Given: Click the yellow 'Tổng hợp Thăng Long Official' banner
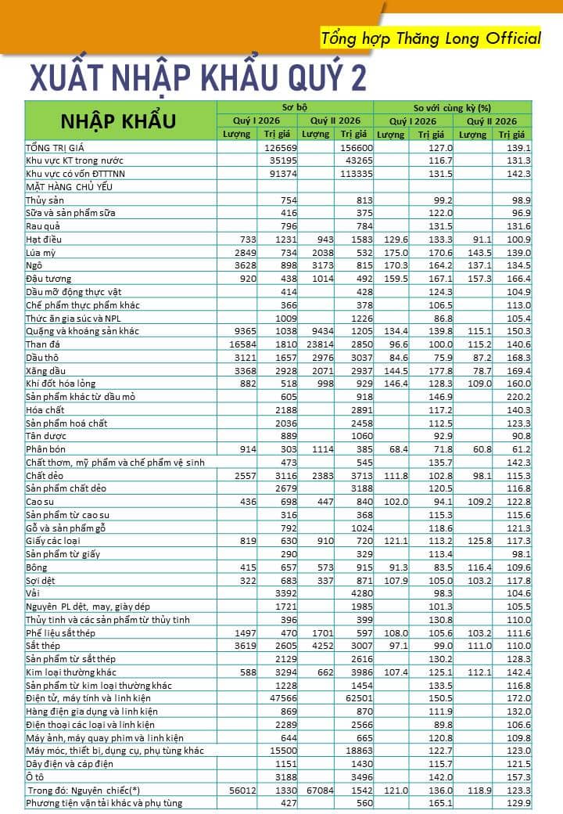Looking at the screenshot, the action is pyautogui.click(x=430, y=38).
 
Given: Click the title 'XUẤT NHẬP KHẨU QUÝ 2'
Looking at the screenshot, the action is pyautogui.click(x=198, y=78).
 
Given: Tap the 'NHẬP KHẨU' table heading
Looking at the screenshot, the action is pyautogui.click(x=118, y=121).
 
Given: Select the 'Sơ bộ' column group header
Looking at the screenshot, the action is pyautogui.click(x=295, y=107).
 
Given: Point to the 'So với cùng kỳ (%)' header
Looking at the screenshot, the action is pyautogui.click(x=452, y=108).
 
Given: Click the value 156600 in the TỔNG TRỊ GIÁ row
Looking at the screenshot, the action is pyautogui.click(x=356, y=148).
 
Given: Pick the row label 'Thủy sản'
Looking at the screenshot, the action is pyautogui.click(x=45, y=200).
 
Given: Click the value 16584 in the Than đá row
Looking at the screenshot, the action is pyautogui.click(x=242, y=344).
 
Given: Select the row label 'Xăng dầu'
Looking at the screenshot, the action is pyautogui.click(x=45, y=371).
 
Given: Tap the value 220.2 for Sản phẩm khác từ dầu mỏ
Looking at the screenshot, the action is pyautogui.click(x=519, y=397).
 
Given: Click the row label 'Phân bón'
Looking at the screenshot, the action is pyautogui.click(x=45, y=449).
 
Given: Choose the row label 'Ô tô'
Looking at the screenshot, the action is pyautogui.click(x=34, y=777).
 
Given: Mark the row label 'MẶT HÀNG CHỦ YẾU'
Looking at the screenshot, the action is pyautogui.click(x=70, y=187).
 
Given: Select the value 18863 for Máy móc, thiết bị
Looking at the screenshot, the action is pyautogui.click(x=359, y=751).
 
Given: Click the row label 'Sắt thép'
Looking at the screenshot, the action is pyautogui.click(x=43, y=647).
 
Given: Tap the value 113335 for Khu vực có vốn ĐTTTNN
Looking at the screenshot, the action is pyautogui.click(x=356, y=174).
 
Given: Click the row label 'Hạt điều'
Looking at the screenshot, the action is pyautogui.click(x=44, y=240).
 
